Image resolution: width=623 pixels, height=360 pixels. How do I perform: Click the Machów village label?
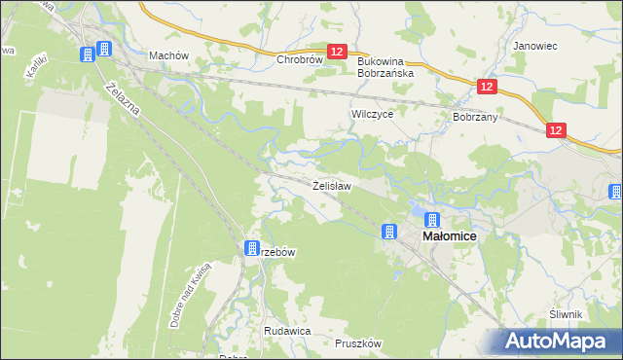pos(167,55)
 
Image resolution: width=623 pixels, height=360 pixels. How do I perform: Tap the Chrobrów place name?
pos(299,59)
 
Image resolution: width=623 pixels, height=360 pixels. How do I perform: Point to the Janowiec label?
pos(532,45)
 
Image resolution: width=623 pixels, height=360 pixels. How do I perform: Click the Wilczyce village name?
pos(371,114)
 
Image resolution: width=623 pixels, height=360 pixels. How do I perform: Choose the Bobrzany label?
pos(475,117)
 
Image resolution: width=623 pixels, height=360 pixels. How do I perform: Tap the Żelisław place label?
pos(331,184)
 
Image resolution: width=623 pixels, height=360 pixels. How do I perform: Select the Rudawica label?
pos(287,331)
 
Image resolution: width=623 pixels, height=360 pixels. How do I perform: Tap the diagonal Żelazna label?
pos(125,99)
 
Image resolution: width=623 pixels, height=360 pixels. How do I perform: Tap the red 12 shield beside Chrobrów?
pos(337,52)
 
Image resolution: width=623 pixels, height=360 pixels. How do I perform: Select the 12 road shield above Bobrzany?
pos(488,88)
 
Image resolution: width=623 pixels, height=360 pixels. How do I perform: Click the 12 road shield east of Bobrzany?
pos(556,129)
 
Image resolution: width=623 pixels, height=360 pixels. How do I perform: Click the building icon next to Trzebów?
pos(252,248)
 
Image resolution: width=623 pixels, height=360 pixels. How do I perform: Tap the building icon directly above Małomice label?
pos(432,221)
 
